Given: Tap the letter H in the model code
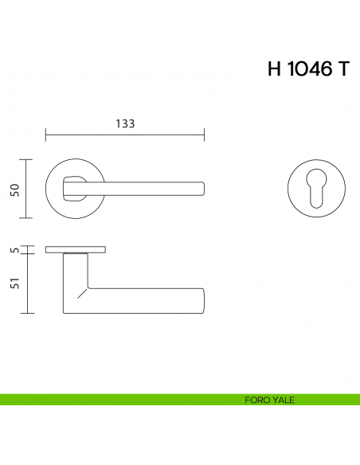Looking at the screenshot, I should [275, 69].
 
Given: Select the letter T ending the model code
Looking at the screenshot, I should [342, 69].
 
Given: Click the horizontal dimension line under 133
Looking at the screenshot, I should [125, 133].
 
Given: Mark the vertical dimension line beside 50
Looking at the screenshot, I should [28, 189].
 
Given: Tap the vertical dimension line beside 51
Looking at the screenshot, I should [28, 284].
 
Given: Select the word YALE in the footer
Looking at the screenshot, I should [283, 400].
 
